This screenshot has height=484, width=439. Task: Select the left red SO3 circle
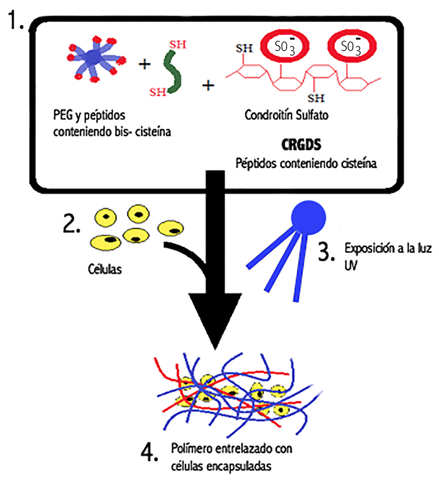[x=284, y=47]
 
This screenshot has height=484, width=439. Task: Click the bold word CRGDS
[x=301, y=145]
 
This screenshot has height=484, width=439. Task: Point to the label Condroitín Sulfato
[x=287, y=115]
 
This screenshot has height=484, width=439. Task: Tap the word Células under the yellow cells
[x=105, y=269]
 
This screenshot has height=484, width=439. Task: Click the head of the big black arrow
[x=215, y=320]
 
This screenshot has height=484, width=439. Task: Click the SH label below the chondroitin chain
[x=316, y=98]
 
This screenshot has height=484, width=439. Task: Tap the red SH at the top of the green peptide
[x=177, y=45]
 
